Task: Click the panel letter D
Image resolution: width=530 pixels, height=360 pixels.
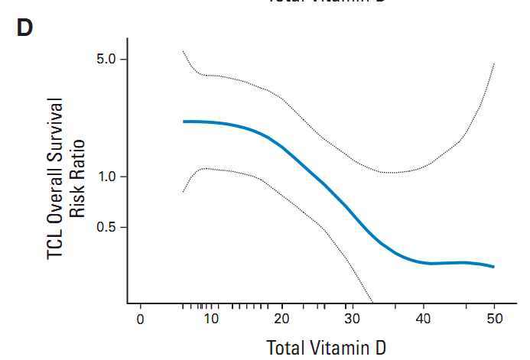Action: click(x=24, y=29)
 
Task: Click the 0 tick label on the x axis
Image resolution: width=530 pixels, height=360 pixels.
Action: click(x=141, y=319)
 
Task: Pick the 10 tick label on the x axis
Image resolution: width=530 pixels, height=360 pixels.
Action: click(x=211, y=319)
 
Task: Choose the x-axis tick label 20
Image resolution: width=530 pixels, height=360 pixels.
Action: click(x=282, y=319)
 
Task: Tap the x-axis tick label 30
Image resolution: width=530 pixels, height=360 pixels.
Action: click(x=353, y=319)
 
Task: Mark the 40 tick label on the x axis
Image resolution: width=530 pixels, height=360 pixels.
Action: click(x=424, y=319)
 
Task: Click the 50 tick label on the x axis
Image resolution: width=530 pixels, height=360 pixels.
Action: click(x=494, y=319)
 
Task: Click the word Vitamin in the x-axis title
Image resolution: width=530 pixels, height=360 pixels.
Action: click(x=337, y=347)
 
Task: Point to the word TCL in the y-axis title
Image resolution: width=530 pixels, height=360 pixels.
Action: click(x=56, y=243)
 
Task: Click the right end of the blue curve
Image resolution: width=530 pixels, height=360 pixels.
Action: click(x=494, y=267)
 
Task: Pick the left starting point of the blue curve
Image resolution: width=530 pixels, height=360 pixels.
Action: click(x=184, y=122)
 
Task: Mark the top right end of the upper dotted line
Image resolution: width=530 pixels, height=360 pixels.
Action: click(x=494, y=63)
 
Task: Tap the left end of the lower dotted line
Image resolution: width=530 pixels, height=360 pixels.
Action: click(x=184, y=192)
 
